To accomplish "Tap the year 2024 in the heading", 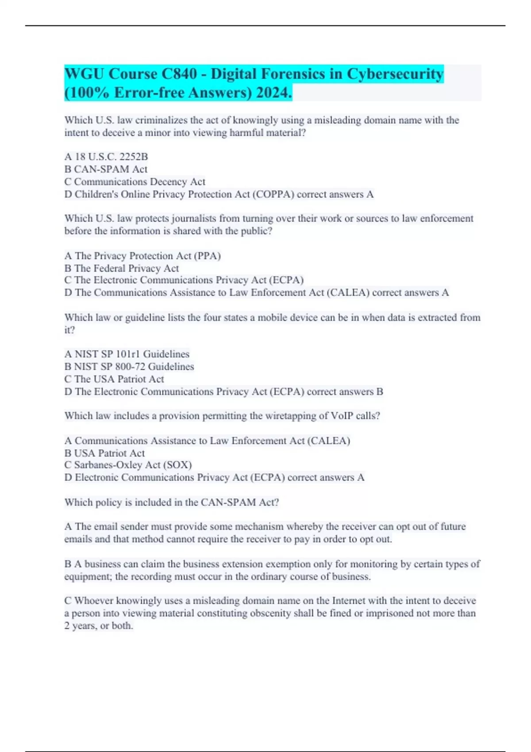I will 273,93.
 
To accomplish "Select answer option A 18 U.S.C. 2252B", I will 106,157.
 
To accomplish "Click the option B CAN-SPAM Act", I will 106,169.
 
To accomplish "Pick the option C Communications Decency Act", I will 135,182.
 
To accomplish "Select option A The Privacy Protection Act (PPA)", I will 142,256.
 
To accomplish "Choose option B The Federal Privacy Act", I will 122,268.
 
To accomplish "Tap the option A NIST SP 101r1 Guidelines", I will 127,354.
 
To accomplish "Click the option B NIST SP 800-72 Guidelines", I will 129,367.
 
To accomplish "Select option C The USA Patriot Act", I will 114,379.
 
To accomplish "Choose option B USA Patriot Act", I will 104,453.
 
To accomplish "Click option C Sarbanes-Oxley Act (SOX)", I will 128,465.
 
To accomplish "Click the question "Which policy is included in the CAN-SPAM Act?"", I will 172,503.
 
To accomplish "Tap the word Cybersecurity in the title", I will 395,74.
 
